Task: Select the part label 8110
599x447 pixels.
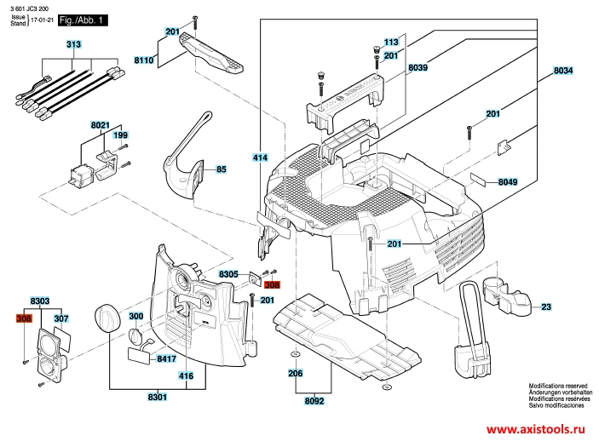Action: (144, 60)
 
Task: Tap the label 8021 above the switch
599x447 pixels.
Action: (101, 125)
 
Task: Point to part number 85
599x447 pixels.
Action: (222, 169)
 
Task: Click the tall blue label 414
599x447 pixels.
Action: (260, 158)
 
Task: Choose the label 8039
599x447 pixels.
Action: (418, 66)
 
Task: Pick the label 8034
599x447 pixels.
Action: (563, 71)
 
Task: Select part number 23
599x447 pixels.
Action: (546, 306)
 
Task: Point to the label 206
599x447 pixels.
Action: (295, 373)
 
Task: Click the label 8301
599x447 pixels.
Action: (158, 397)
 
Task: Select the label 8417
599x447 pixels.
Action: (166, 359)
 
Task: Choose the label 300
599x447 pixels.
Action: (135, 317)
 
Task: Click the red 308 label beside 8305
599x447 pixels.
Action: (272, 286)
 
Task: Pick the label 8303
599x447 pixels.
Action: (40, 302)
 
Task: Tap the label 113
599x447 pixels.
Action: (391, 43)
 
